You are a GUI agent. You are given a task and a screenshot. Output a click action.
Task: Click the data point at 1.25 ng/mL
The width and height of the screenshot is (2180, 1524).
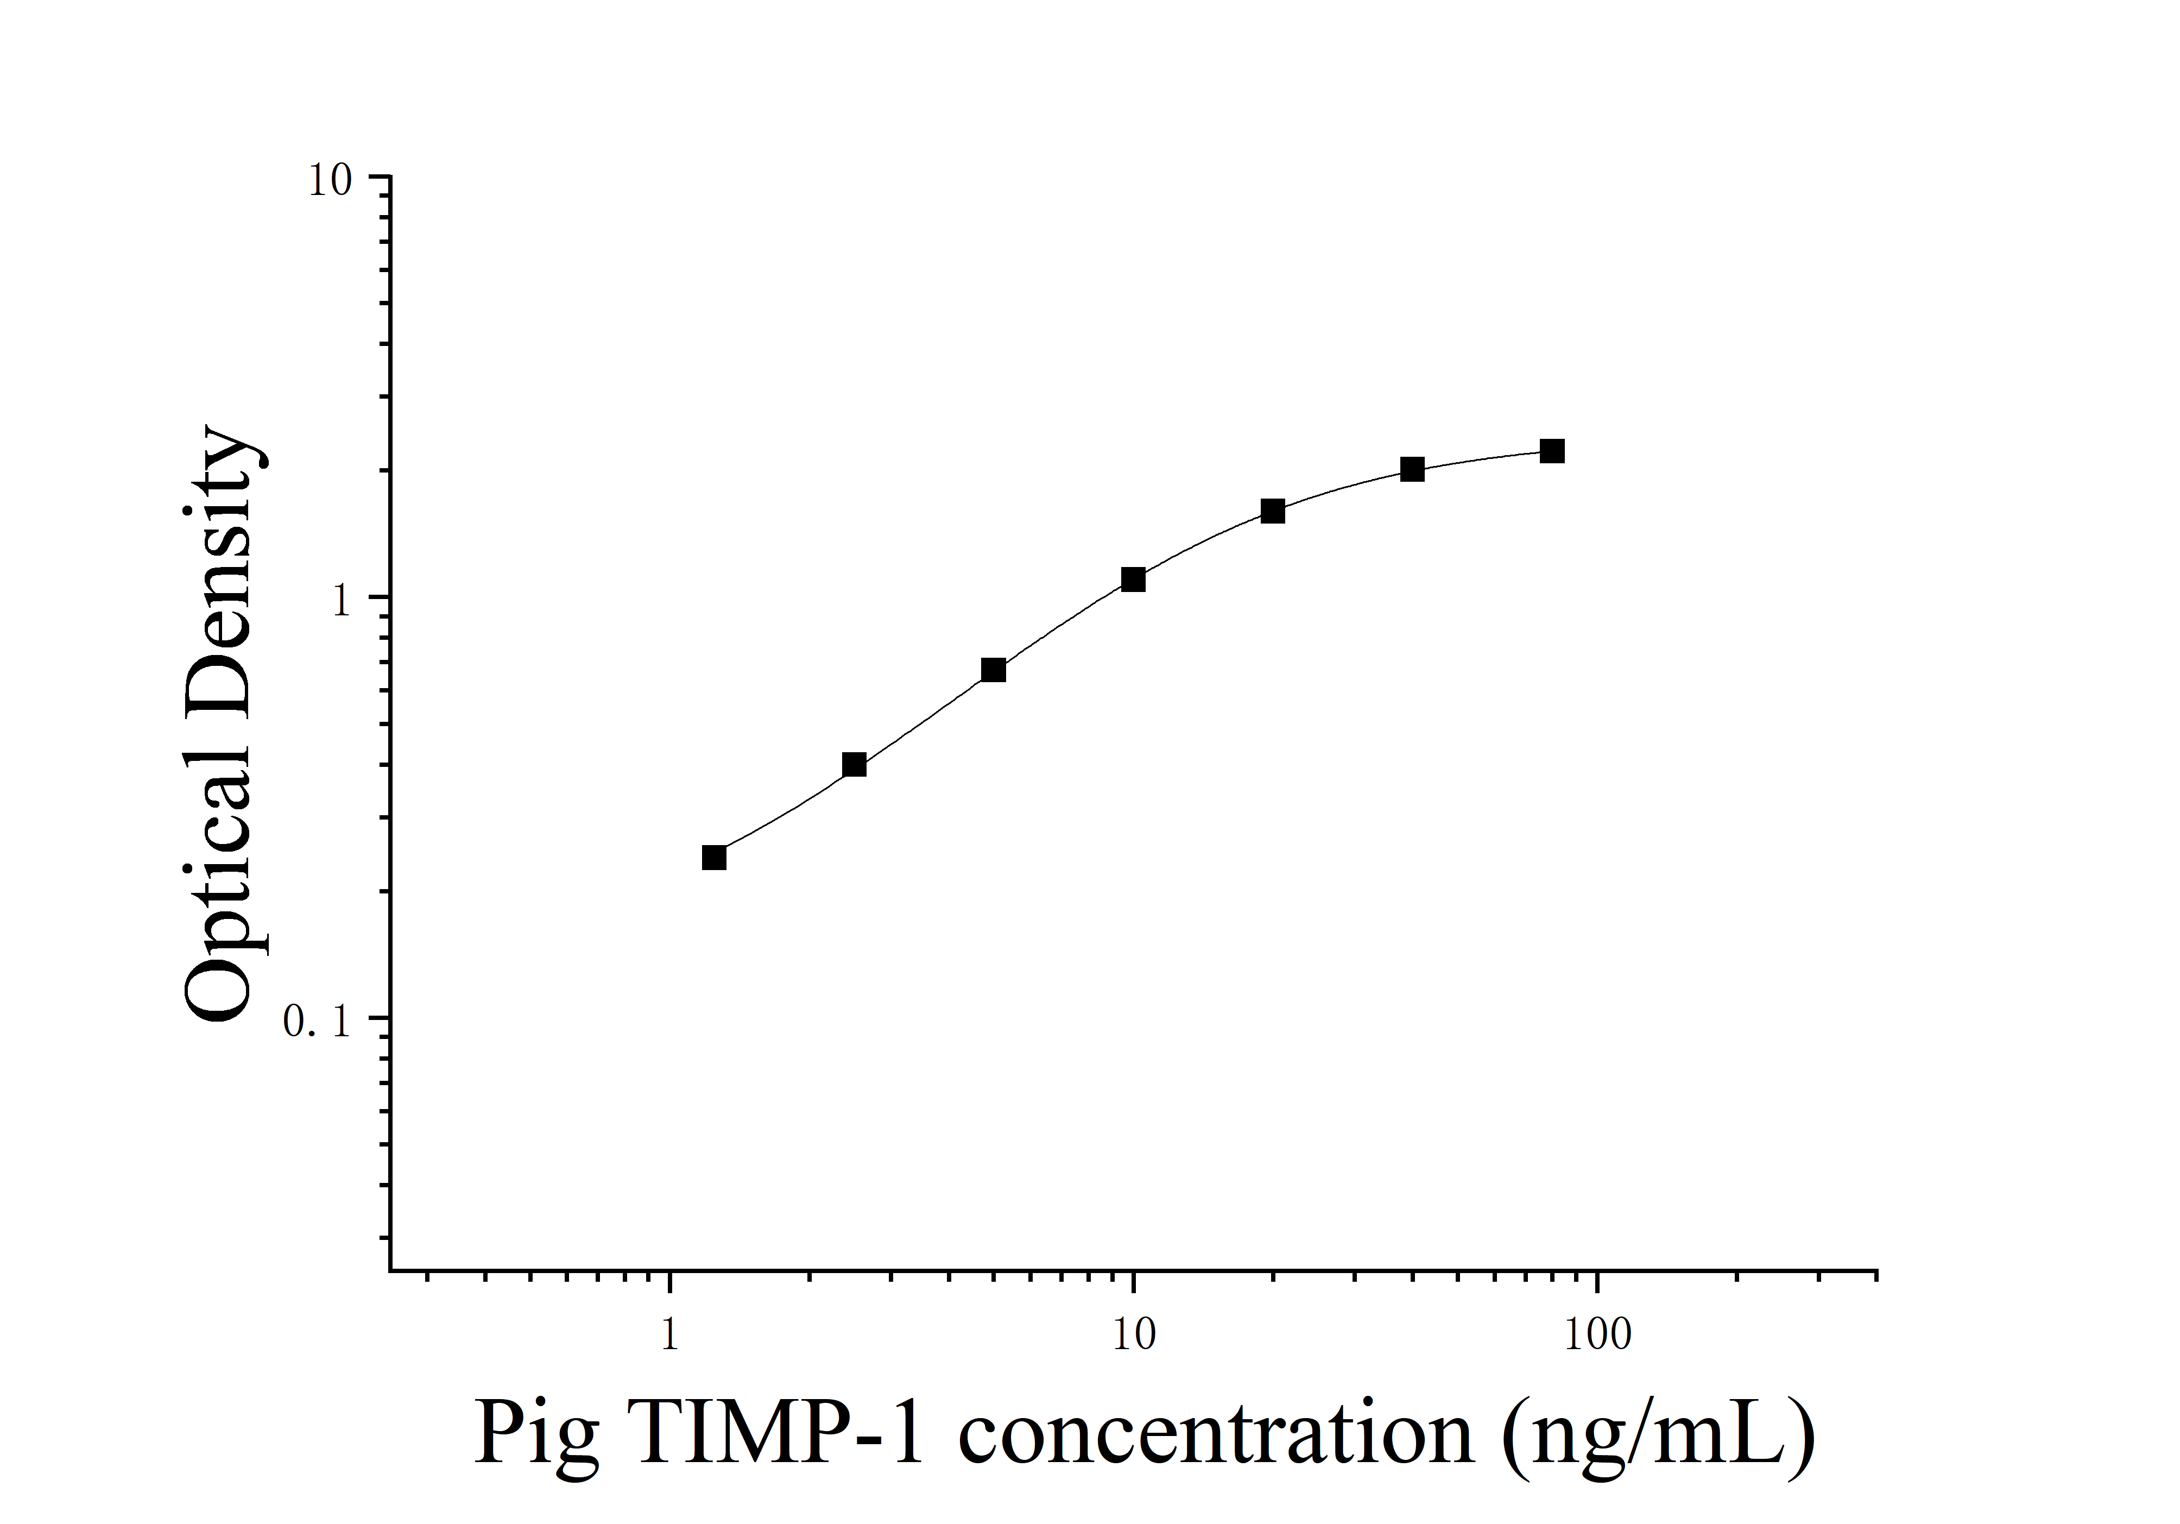(714, 858)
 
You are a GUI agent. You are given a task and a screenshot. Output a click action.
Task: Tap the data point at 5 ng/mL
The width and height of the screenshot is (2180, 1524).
(993, 670)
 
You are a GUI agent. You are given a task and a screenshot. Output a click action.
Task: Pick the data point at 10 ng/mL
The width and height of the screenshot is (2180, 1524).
(1133, 579)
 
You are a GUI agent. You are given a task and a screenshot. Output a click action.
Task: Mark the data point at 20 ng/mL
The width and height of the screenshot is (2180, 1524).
(1272, 511)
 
